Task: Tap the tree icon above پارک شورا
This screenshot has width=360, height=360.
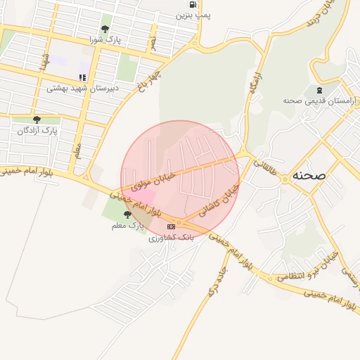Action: tap(105, 29)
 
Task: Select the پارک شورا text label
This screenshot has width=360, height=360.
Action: tap(105, 40)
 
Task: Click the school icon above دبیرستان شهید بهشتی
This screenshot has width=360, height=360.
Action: tap(82, 77)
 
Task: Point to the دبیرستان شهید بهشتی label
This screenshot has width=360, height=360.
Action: tap(82, 89)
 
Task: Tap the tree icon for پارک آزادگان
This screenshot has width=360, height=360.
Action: tap(37, 120)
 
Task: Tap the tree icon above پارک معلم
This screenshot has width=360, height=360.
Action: tap(127, 214)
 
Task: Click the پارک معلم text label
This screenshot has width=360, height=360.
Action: tap(127, 226)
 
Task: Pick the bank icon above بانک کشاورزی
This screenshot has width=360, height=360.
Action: tap(170, 226)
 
